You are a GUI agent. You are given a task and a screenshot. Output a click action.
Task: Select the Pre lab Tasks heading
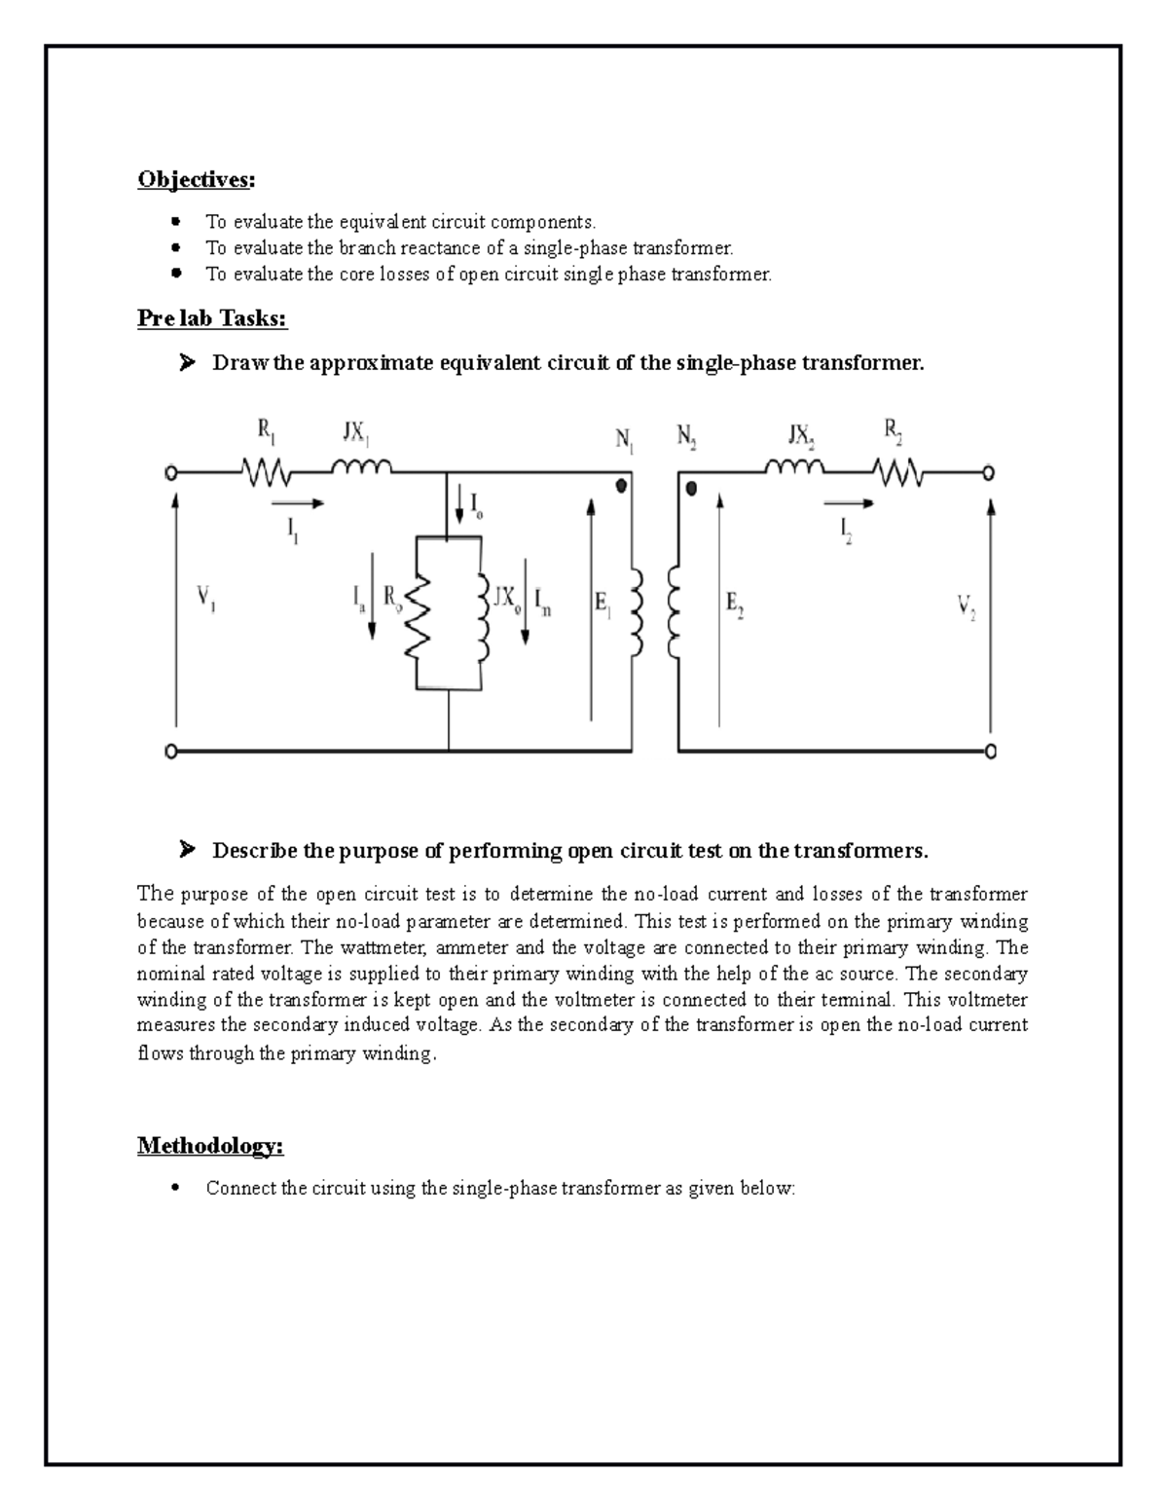pyautogui.click(x=212, y=318)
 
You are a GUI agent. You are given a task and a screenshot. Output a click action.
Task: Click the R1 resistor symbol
pyautogui.click(x=266, y=473)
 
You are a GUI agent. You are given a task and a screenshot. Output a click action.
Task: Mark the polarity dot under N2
pyautogui.click(x=692, y=489)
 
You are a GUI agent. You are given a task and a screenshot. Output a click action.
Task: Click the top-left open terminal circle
pyautogui.click(x=171, y=473)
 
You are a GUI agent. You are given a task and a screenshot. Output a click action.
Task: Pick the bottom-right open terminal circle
pyautogui.click(x=990, y=752)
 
